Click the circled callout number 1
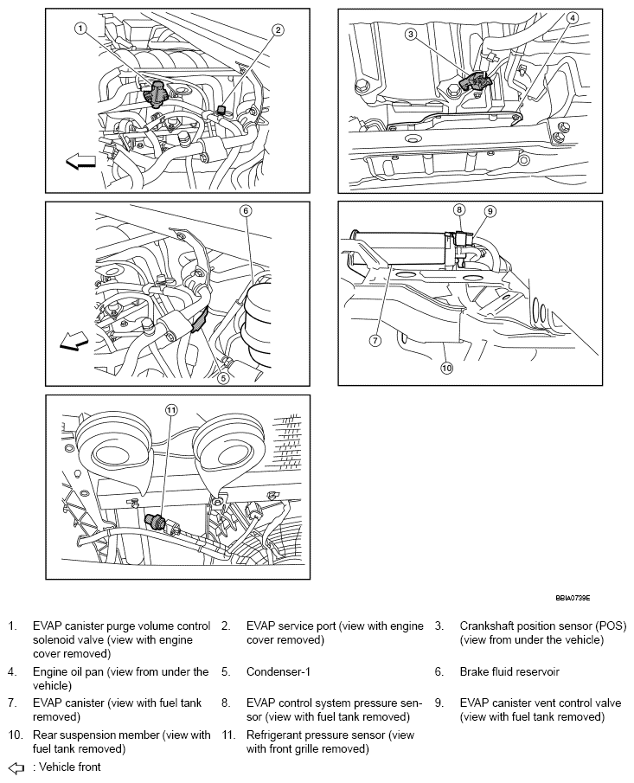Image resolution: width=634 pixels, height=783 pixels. tap(79, 28)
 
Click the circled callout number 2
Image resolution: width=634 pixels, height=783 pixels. tap(278, 29)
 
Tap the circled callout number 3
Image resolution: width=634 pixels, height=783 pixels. tap(411, 35)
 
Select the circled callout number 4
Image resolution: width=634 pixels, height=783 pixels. tap(573, 18)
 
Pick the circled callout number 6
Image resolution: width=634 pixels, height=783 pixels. tap(246, 210)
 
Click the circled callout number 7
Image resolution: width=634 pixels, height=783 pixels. tap(375, 341)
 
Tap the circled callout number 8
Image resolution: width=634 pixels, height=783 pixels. tap(460, 209)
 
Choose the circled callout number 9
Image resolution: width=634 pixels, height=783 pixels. tap(489, 211)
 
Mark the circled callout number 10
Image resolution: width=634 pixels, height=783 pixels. tap(446, 367)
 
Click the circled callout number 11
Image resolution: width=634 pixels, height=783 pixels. tap(171, 410)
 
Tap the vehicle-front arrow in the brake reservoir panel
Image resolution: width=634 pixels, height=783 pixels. tap(74, 343)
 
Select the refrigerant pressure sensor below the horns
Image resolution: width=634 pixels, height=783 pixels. tap(158, 520)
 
